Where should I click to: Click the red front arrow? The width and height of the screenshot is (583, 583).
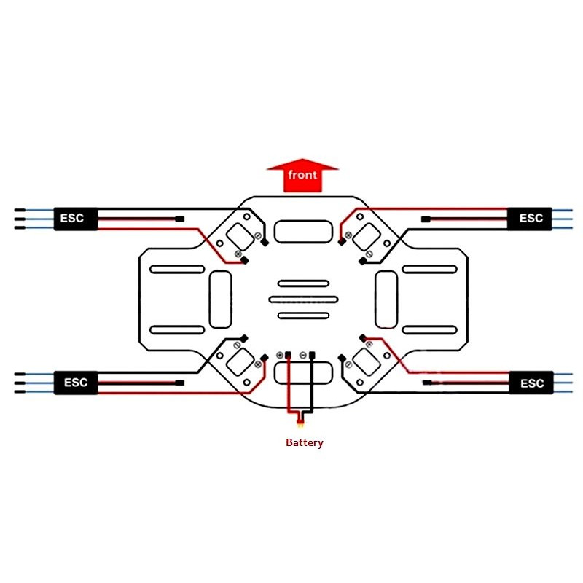[302, 176]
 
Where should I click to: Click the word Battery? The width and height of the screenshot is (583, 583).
[305, 442]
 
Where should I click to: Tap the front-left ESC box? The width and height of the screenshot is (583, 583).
[76, 219]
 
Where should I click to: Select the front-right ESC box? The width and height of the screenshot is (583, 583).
[530, 218]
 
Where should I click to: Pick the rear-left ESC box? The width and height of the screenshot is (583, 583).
[76, 382]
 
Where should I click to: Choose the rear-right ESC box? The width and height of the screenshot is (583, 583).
[531, 383]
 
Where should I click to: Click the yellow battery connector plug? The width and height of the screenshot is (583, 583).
[300, 423]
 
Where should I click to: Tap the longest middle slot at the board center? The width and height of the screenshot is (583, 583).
[303, 300]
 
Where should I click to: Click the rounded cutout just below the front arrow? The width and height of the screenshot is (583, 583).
[303, 231]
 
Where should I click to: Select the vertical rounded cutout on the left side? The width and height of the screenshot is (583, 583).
[221, 300]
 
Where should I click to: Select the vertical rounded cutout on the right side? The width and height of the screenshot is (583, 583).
[386, 300]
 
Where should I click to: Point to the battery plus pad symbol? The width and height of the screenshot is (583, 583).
[280, 356]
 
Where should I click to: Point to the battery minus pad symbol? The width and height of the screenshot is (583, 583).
[303, 356]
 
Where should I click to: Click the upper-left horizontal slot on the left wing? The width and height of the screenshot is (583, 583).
[177, 269]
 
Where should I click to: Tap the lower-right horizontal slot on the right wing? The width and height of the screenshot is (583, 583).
[430, 330]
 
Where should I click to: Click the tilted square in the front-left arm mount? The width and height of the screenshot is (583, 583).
[240, 238]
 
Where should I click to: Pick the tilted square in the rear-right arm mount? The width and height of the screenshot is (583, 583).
[367, 362]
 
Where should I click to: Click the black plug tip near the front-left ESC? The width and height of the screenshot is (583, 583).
[179, 219]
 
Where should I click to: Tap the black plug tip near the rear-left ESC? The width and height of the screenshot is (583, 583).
[179, 383]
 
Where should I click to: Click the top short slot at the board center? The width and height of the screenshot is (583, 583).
[303, 283]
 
